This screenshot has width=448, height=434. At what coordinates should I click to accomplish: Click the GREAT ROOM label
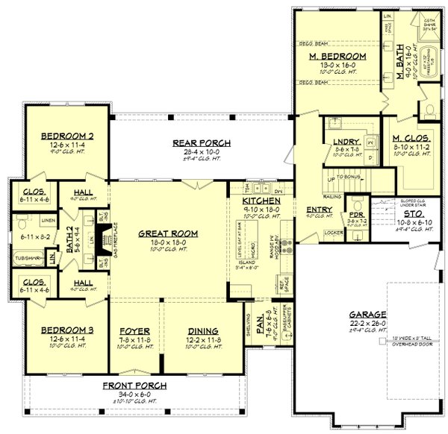[x=168, y=233]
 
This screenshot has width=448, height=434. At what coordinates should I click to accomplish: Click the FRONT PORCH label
[x=136, y=386]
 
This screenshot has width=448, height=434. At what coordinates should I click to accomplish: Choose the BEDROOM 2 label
[x=66, y=136]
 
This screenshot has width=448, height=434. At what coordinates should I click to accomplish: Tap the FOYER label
[x=135, y=330]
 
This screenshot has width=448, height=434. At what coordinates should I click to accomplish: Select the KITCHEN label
[x=261, y=201]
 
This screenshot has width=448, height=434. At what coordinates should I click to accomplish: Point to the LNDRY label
[x=347, y=142]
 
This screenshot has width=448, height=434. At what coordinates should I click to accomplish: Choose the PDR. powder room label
[x=356, y=214]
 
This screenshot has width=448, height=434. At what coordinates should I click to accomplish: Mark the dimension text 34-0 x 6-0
[x=137, y=394]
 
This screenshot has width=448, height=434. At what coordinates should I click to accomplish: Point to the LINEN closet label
[x=48, y=221]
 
